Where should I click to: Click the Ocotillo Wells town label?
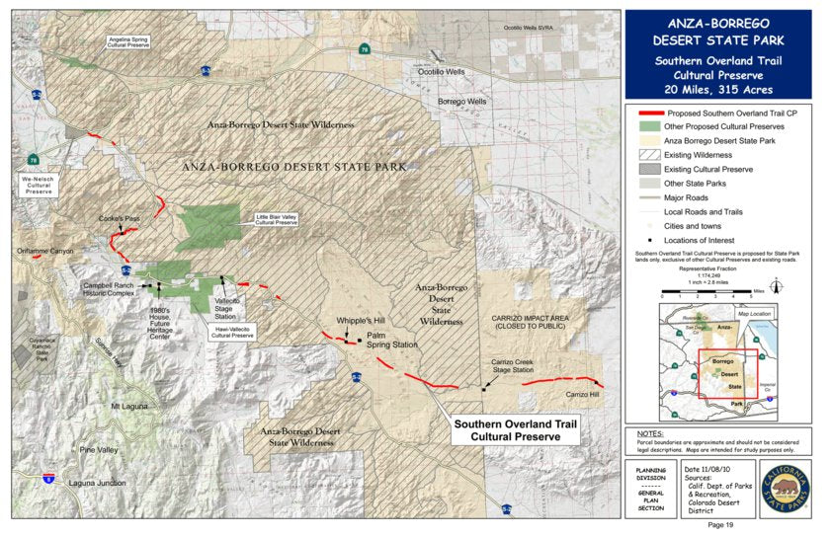pos(440,72)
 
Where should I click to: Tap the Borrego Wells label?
pos(462,101)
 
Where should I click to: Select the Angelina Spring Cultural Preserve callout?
pos(129,41)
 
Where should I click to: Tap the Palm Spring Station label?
pos(392,342)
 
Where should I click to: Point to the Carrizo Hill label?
pos(582,395)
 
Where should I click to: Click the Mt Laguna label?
pos(128,406)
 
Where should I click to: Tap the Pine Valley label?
pos(101,449)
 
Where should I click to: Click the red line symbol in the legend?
pos(648,113)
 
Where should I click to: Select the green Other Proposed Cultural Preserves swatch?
pos(648,126)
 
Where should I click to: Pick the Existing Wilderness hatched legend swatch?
pos(648,155)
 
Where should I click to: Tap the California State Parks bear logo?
pos(785,489)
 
